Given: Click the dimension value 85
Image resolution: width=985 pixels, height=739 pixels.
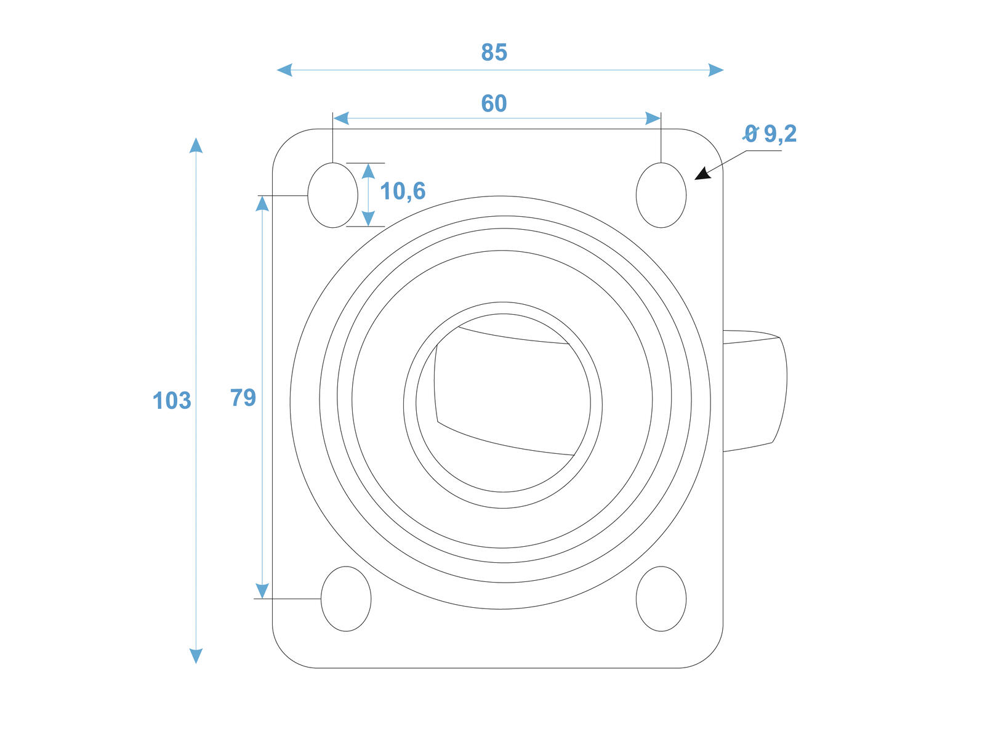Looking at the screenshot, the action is point(494,52).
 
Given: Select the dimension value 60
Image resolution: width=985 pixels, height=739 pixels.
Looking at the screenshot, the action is point(494,103).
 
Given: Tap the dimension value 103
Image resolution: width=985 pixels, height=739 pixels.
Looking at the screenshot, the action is point(172,400).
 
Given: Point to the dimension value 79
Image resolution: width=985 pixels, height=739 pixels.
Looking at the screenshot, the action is point(243,398).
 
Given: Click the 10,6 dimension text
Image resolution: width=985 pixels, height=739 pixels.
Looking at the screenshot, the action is point(403,192).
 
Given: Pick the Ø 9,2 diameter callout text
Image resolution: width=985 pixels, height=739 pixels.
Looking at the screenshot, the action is point(769,134).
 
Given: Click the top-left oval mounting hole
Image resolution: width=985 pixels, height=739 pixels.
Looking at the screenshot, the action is point(332,195).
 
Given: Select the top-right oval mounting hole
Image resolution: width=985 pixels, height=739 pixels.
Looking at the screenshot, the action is point(661,195).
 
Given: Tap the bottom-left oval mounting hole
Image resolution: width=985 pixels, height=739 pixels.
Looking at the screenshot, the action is point(346,599).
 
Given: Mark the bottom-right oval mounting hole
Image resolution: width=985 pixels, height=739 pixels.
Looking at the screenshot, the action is point(661,599).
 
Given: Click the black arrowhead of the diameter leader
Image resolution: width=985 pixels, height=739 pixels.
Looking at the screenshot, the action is point(702,174).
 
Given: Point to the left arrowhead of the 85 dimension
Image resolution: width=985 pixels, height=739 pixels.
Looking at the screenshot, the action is point(284,70).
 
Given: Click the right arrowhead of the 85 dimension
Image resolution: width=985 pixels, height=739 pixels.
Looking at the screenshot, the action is point(716,70).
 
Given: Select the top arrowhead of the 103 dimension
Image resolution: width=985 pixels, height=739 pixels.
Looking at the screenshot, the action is point(196,145).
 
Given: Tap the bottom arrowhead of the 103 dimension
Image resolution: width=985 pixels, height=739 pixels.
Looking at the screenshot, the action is point(196,656).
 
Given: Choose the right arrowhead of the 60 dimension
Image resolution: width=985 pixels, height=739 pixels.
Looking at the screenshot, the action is point(653,118).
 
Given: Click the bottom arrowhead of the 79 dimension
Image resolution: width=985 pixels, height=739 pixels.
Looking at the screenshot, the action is point(262,591).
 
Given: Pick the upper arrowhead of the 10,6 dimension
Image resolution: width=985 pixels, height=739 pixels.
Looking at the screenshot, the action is point(368,171).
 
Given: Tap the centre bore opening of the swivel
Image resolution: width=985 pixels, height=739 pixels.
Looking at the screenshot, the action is point(502,403).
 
